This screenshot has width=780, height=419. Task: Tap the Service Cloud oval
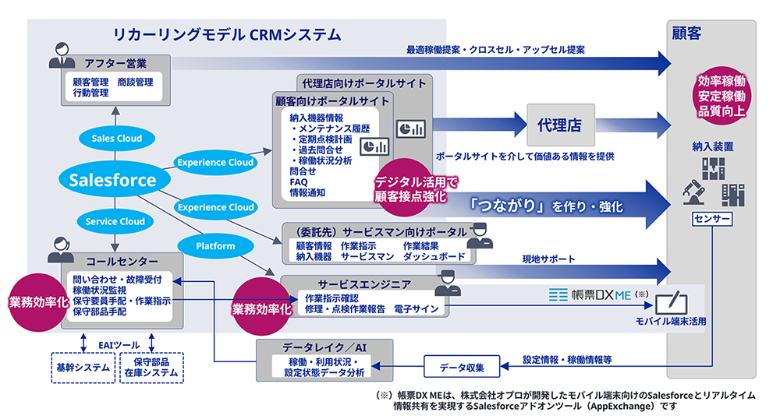coord(115,221)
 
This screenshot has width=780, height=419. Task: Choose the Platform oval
coord(215,246)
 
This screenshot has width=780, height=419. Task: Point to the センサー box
coord(712,220)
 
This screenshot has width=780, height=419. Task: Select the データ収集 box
coord(461,366)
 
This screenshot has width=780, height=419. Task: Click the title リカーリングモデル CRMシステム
coord(227,34)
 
